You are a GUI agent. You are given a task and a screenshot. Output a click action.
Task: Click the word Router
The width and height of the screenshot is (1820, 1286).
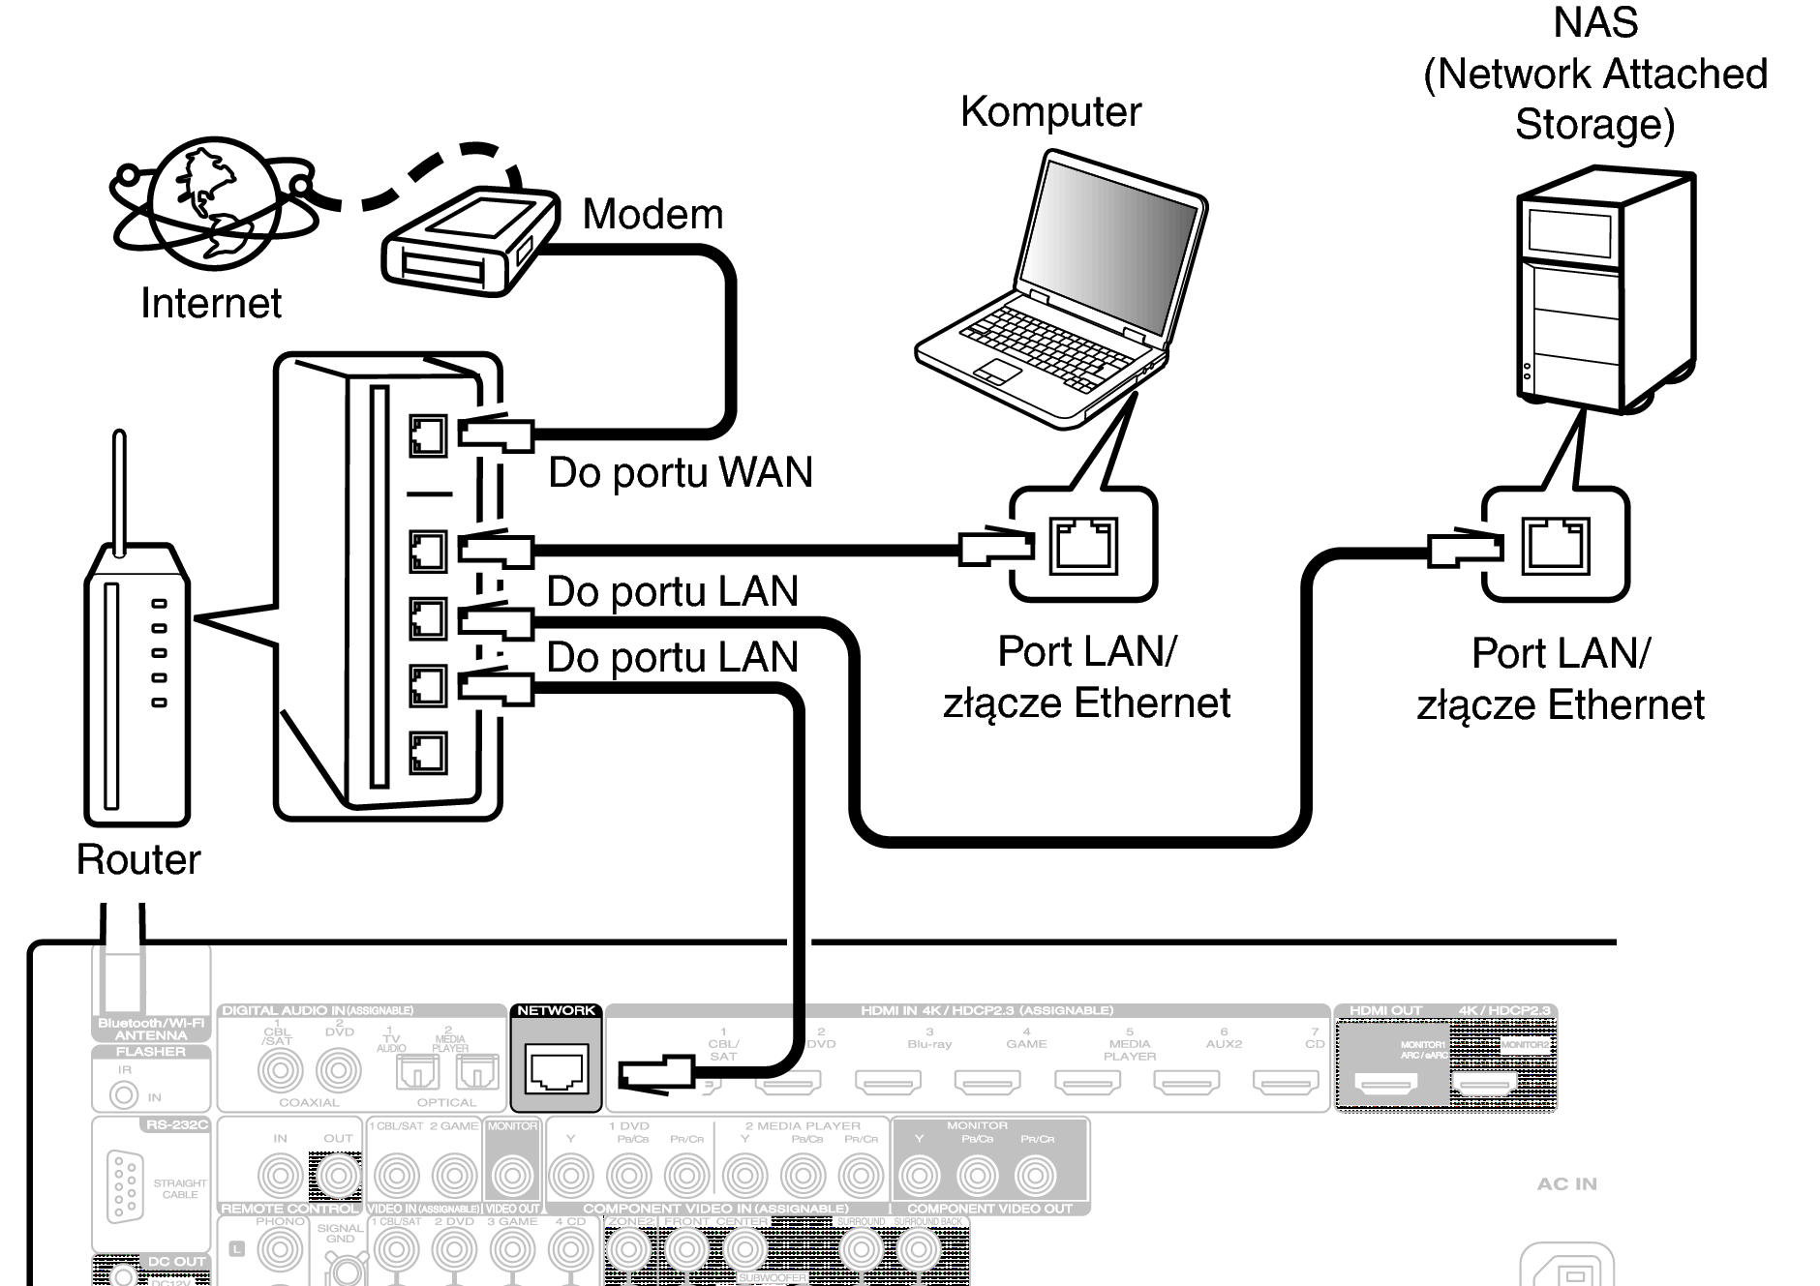138,859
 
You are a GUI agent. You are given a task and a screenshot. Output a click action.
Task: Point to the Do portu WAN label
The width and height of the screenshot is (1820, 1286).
680,473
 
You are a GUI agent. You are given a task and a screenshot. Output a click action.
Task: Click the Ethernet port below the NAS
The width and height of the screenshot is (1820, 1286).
1555,545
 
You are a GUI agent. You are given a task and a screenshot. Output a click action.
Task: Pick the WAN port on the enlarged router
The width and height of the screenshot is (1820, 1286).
428,436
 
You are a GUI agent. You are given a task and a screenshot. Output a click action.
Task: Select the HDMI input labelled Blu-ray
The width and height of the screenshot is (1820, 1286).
888,1081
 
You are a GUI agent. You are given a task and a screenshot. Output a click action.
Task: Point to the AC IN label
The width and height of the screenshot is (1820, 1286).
1566,1183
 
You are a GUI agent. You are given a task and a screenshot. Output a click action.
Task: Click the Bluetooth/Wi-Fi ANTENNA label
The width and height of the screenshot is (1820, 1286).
151,1029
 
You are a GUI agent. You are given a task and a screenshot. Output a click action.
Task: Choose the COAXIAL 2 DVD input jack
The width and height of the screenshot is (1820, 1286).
338,1070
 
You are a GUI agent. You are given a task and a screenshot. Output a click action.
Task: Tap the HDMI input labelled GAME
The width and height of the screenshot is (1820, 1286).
987,1081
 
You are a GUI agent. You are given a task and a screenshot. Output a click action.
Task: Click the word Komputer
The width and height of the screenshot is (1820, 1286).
1050,112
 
